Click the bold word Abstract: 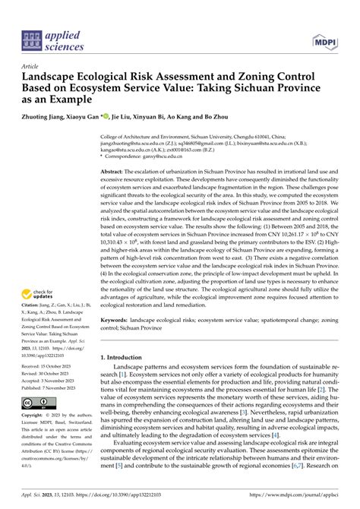(x=115, y=173)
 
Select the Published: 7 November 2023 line (x=53, y=386)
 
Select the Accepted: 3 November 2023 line (x=52, y=378)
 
